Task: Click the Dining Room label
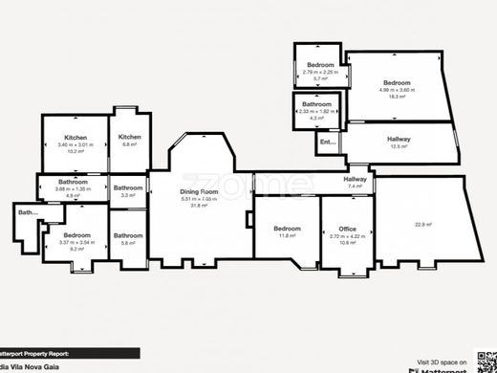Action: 200,191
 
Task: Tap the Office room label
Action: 347,229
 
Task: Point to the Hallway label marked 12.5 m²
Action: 400,140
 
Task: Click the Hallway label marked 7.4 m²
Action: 356,179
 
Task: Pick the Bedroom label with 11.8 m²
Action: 288,229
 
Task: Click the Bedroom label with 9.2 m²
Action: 76,234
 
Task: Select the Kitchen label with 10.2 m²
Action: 76,138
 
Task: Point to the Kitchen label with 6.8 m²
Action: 130,137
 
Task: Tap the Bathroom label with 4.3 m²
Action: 316,103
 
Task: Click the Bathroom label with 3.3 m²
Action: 127,187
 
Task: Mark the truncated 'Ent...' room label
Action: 327,143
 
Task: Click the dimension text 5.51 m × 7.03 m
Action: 200,199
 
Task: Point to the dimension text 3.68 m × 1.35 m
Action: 73,188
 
